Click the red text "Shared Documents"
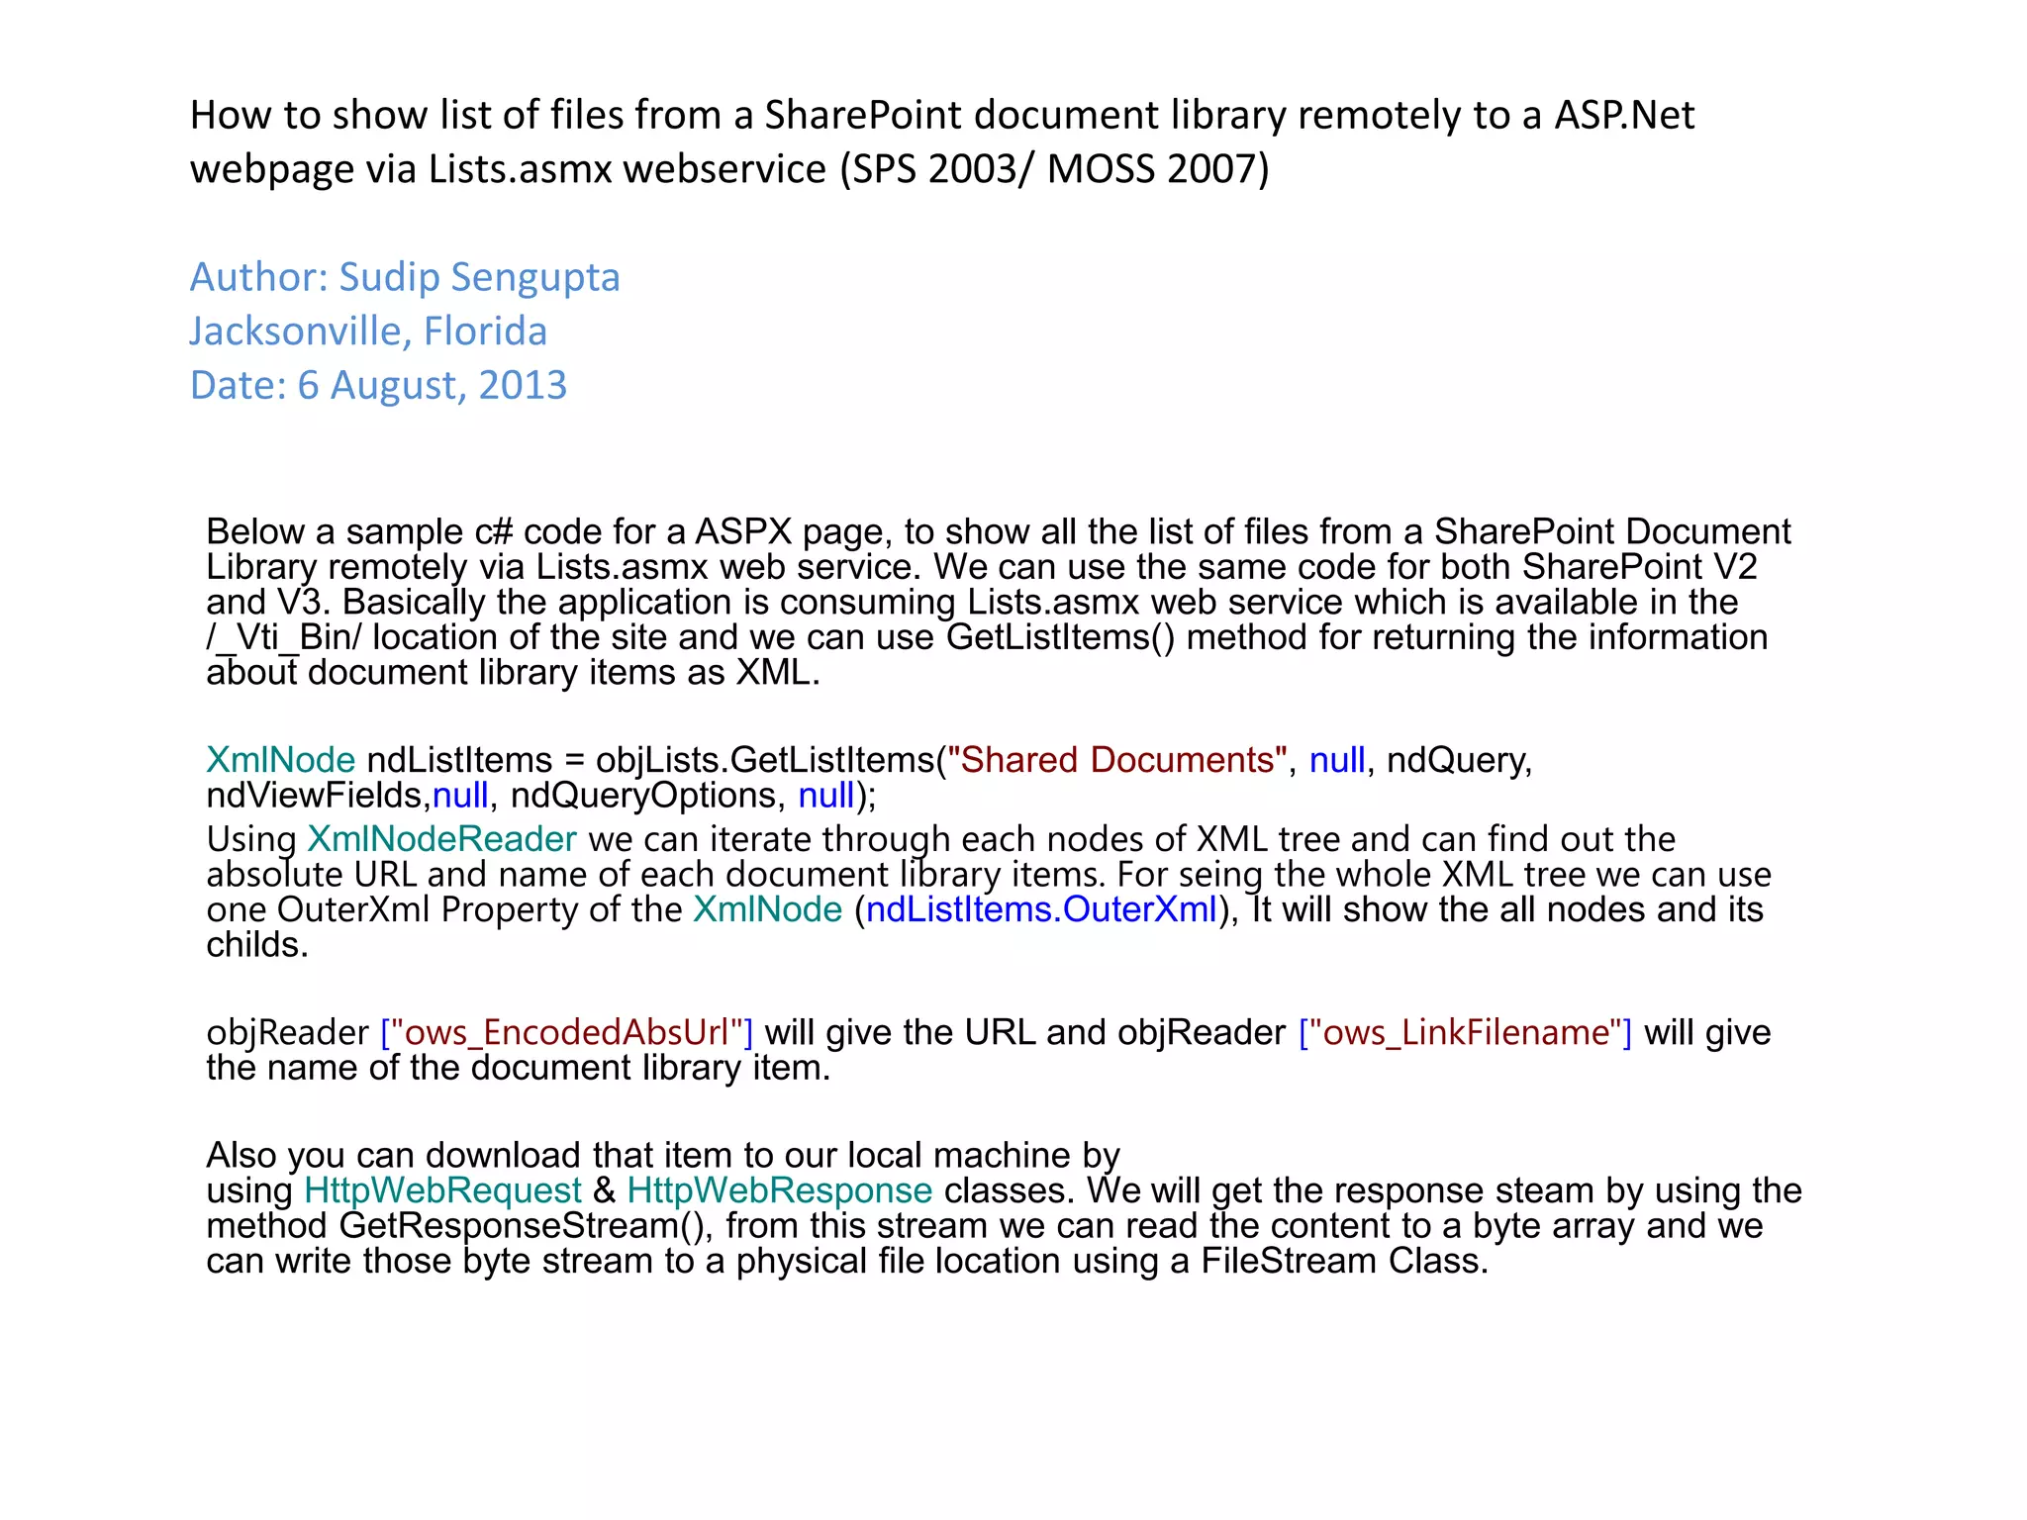point(1117,760)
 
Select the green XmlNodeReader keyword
point(441,839)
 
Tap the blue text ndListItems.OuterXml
point(1041,909)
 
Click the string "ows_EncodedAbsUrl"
point(567,1032)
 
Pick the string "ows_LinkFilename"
point(1465,1032)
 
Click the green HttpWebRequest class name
point(442,1190)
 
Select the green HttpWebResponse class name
point(780,1190)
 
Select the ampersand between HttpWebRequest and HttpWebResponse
point(604,1190)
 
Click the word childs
point(257,945)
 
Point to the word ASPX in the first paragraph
point(743,532)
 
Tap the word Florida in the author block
point(485,332)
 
